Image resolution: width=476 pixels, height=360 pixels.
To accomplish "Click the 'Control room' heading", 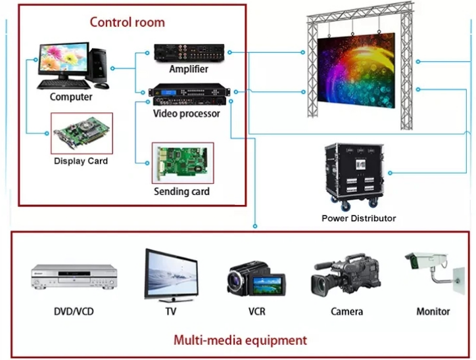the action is [x=127, y=22].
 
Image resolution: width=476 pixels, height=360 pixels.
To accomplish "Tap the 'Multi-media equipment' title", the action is [x=240, y=340].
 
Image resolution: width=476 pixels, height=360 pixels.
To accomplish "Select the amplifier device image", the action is [x=189, y=53].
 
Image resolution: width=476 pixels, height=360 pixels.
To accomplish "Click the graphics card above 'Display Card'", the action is [x=82, y=133].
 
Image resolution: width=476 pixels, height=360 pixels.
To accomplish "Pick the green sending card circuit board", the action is [x=183, y=163].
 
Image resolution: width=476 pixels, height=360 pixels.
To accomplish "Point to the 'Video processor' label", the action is [x=187, y=114].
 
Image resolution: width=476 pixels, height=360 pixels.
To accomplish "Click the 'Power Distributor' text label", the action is [x=359, y=218].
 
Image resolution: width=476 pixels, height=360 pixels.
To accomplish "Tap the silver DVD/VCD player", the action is [x=74, y=277].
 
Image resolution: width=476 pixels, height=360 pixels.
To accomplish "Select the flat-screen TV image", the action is [x=171, y=275].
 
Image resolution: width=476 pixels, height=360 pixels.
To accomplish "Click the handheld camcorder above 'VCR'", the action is [x=256, y=279].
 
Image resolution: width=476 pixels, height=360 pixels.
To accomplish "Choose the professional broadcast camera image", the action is [x=345, y=275].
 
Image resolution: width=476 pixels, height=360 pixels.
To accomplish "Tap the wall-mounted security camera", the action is [x=435, y=272].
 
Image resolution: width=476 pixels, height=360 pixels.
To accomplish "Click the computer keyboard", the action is [x=64, y=85].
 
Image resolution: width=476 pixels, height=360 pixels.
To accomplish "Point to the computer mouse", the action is [x=102, y=85].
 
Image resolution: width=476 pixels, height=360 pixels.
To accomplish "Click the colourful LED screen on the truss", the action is [x=356, y=70].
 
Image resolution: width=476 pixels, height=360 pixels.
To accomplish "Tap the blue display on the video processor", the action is [x=168, y=92].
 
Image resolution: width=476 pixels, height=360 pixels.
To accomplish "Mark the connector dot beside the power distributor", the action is [x=390, y=173].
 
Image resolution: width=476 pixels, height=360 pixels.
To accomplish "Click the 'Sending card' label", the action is [x=181, y=192].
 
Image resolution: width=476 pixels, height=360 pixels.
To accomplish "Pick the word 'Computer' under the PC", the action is [x=71, y=97].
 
